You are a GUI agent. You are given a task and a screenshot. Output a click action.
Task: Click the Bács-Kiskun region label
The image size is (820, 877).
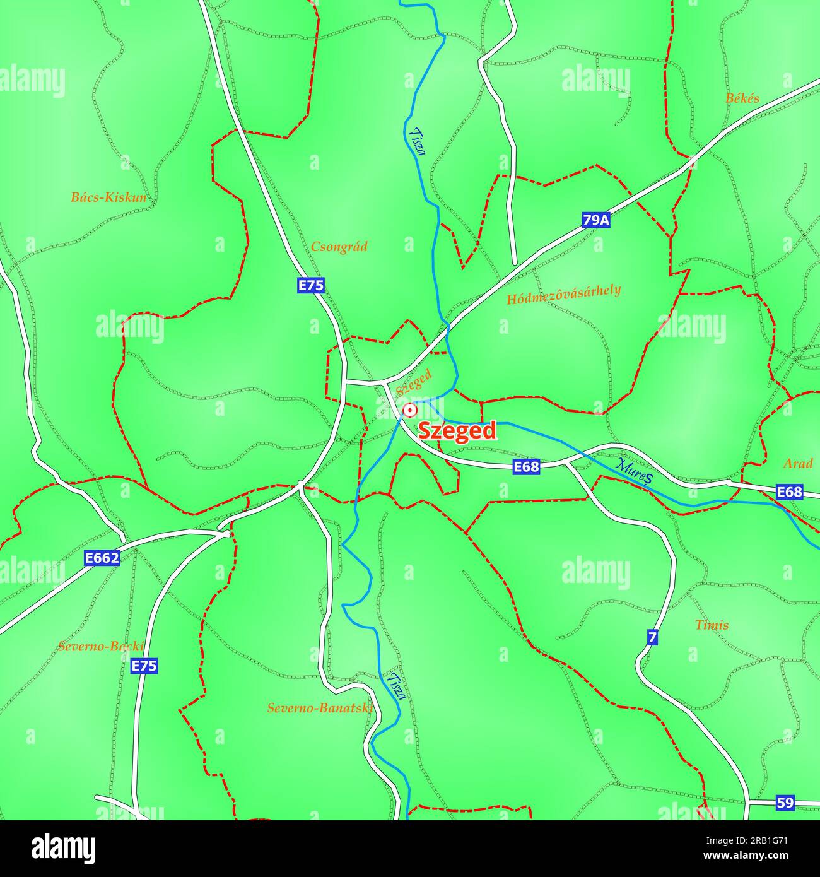click(x=108, y=197)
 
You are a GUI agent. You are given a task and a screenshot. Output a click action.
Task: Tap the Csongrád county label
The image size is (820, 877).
click(x=339, y=247)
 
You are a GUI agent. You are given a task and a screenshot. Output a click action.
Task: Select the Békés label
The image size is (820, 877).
click(x=742, y=98)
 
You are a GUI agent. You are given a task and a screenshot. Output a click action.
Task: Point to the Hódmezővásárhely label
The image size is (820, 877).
click(x=563, y=294)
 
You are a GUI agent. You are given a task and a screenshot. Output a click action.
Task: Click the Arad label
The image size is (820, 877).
click(x=797, y=464)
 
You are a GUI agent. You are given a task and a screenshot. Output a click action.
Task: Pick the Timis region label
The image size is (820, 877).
click(x=712, y=625)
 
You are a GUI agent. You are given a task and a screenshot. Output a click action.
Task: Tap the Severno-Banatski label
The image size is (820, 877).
click(x=320, y=708)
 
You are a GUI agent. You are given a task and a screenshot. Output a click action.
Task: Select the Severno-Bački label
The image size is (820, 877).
click(x=101, y=647)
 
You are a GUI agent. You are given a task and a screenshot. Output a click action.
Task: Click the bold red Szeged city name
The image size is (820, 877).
click(x=457, y=431)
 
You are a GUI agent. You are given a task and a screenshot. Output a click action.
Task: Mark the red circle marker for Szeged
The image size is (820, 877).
click(x=410, y=411)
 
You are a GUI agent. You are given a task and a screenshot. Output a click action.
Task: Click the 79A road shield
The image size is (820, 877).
click(x=596, y=220)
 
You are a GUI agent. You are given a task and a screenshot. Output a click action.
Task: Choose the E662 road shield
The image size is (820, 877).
click(x=102, y=558)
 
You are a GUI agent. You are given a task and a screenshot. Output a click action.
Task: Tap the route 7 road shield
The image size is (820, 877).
click(x=652, y=638)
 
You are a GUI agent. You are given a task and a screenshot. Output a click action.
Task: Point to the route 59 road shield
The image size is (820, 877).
click(x=785, y=803)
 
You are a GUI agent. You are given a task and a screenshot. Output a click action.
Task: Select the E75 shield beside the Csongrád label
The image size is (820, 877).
click(x=311, y=286)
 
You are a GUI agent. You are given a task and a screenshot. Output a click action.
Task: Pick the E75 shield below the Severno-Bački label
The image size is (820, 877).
click(x=144, y=666)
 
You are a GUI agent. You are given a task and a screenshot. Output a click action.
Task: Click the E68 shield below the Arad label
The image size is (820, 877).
click(x=789, y=492)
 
